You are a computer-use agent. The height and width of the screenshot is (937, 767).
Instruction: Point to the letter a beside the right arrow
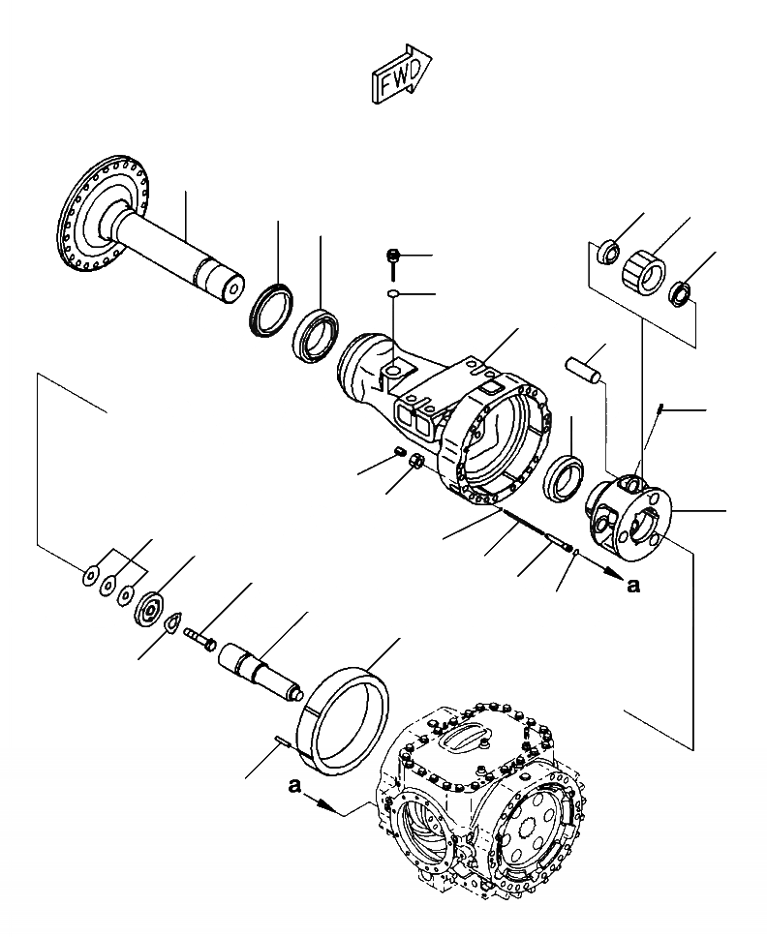click(x=633, y=585)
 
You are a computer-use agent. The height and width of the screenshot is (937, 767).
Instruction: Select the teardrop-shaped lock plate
click(x=177, y=625)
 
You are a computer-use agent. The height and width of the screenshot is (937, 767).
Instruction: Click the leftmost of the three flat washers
click(x=89, y=579)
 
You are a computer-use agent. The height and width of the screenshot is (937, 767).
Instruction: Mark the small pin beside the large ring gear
click(x=282, y=742)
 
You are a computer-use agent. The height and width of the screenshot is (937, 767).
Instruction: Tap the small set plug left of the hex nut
click(x=400, y=452)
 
